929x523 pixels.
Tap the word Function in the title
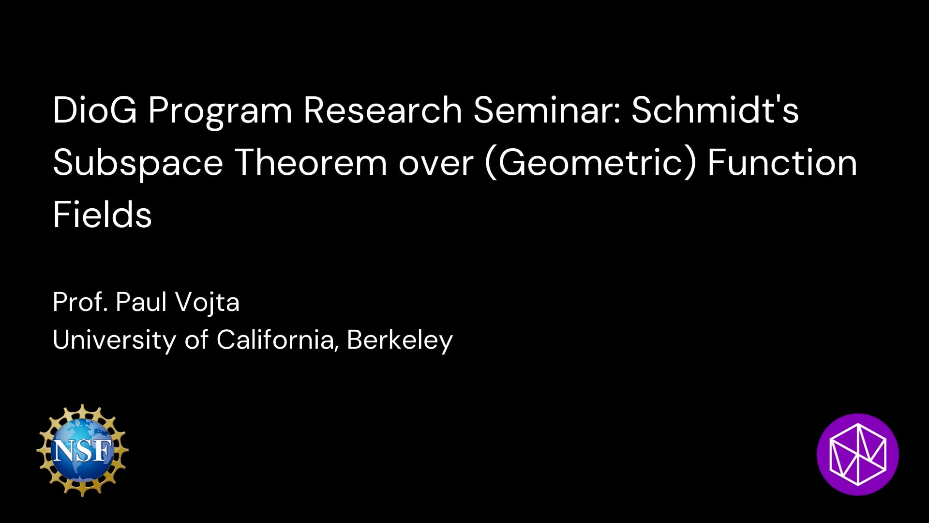[x=782, y=163]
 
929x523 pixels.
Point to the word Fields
[x=103, y=215]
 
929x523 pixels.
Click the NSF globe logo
[x=83, y=450]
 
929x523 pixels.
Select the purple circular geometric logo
[x=857, y=454]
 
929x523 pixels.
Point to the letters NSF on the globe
[x=82, y=451]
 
